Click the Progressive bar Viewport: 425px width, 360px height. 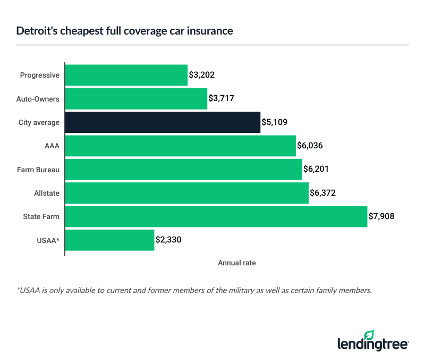pos(126,75)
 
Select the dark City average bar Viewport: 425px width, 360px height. pos(163,122)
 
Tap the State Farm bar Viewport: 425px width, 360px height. pos(216,216)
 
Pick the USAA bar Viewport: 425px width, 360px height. pos(109,240)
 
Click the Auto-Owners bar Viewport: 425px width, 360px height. pos(136,98)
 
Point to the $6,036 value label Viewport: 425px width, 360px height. pos(310,146)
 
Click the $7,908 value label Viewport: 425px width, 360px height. pos(381,216)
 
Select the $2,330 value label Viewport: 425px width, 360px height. pos(169,240)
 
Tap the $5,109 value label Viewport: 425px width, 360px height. pos(275,122)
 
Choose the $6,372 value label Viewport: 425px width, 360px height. pos(323,192)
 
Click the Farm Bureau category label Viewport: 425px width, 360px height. pos(38,169)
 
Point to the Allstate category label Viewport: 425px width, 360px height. pos(46,192)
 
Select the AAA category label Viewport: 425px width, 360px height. pos(52,146)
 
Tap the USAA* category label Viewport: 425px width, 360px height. pos(48,240)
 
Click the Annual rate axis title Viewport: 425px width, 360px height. pos(237,263)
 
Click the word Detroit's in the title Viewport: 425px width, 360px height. pos(34,31)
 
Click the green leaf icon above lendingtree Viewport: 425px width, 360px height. pos(369,334)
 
